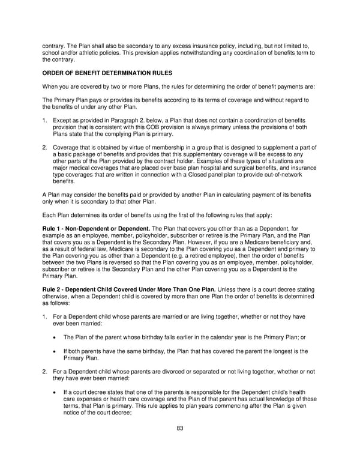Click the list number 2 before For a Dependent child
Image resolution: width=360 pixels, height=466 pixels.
44,372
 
